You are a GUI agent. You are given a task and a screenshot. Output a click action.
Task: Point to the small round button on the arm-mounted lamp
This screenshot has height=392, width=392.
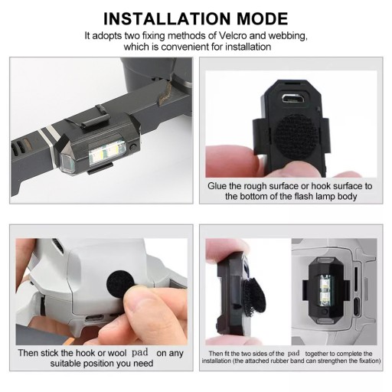pyautogui.click(x=132, y=147)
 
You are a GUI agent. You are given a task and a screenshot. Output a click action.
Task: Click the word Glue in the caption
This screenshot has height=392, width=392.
pyautogui.click(x=217, y=186)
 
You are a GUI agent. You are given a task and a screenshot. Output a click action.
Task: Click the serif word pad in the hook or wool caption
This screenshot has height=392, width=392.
pyautogui.click(x=140, y=353)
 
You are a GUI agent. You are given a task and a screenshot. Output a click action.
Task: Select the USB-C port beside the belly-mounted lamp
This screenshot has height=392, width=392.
pyautogui.click(x=357, y=307)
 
